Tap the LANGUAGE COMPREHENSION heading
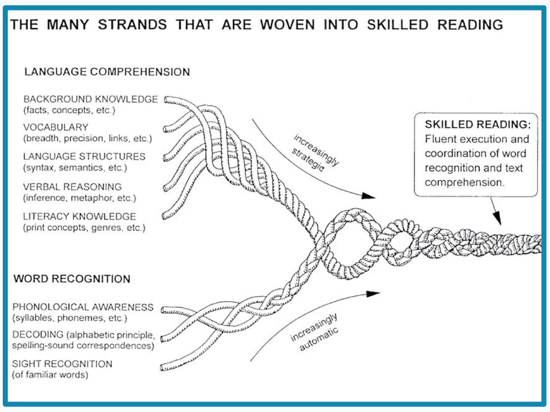pos(107,72)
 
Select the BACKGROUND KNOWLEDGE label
pos(91,99)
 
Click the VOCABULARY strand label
pos(55,127)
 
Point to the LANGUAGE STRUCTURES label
pos(84,157)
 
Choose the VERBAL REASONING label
pos(72,187)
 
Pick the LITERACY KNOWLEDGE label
pos(80,216)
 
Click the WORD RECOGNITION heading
pos(72,279)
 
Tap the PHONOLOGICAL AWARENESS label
pos(83,307)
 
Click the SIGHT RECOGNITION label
pos(62,364)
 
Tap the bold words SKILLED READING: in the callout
pos(478,125)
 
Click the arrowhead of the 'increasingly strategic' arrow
pos(369,195)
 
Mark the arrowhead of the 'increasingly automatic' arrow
pos(374,293)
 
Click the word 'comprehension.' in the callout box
pos(463,182)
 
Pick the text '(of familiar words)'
pos(50,375)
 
